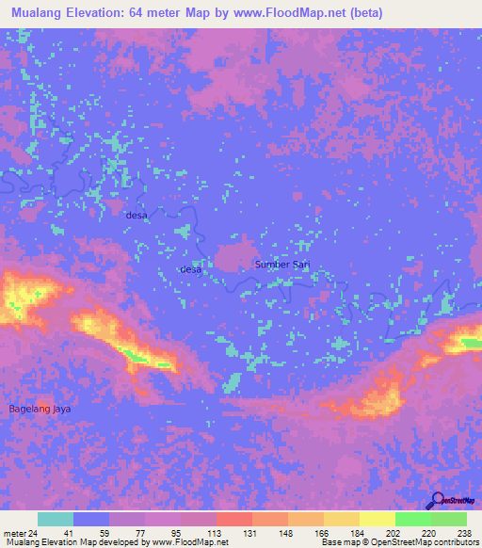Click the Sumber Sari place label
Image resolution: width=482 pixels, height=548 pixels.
click(x=282, y=265)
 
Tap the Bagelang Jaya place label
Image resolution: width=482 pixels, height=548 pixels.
click(x=40, y=409)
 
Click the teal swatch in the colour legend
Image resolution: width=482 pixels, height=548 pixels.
click(x=56, y=519)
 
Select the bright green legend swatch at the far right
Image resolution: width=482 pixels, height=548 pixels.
click(x=448, y=519)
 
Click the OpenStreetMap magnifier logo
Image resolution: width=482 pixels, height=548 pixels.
click(x=436, y=501)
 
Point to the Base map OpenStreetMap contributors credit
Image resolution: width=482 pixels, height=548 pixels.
click(x=398, y=542)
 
